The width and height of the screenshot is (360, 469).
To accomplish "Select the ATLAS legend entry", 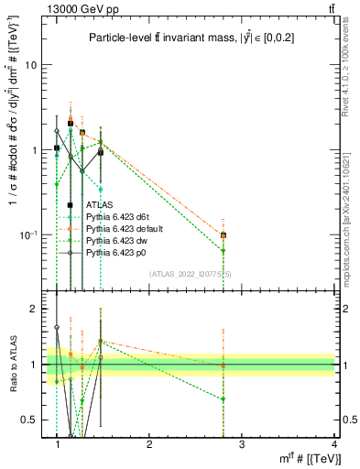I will [x=99, y=204].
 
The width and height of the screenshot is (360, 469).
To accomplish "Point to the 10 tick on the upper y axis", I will [x=30, y=66].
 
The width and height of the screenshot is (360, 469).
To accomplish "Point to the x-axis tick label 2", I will [x=149, y=444].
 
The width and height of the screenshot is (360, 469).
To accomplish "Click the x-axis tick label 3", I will [x=241, y=444].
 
